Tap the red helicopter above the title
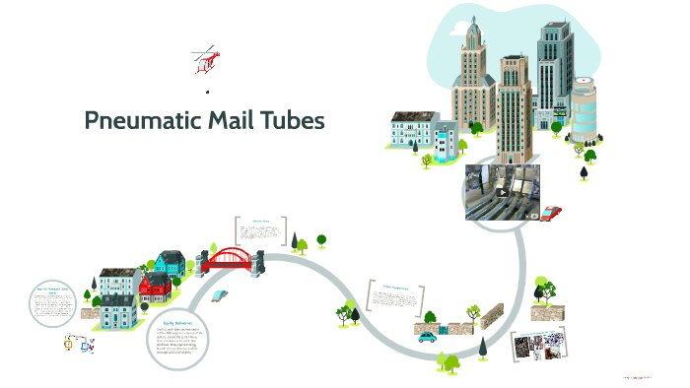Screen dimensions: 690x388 point(207,61)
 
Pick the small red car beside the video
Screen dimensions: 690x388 point(551,212)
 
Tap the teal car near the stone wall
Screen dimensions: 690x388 point(427,336)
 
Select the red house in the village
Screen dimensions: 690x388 point(156,289)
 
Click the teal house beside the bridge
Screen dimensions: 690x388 point(169,262)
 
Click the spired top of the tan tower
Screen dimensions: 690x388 point(469,39)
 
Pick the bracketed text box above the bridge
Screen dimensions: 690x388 point(261,232)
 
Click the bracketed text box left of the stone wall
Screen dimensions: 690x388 point(394,298)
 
